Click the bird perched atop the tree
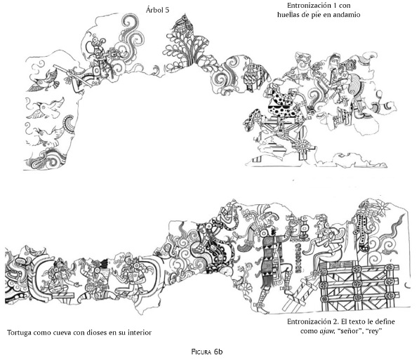tap(183, 23)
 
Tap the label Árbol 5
tap(158, 10)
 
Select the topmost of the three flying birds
tap(45, 80)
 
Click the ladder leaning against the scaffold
tap(299, 293)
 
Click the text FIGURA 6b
tap(207, 352)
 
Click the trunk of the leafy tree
tap(190, 58)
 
